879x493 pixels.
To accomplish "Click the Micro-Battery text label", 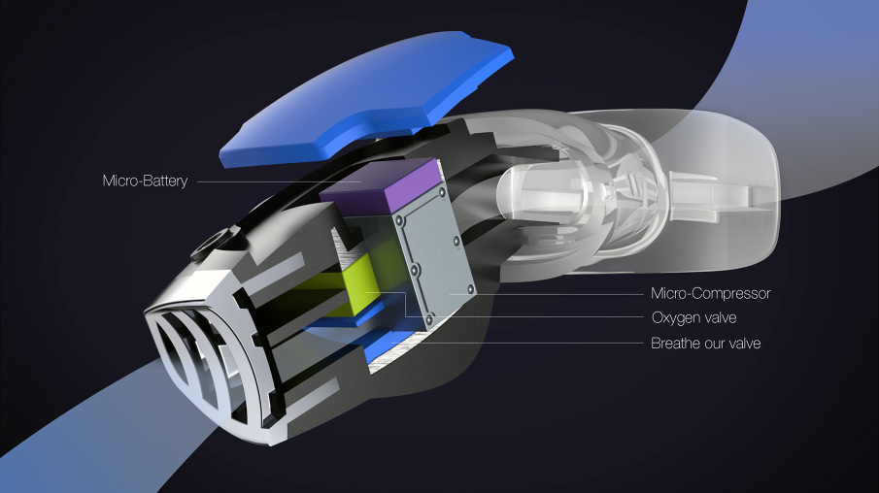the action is pyautogui.click(x=145, y=181).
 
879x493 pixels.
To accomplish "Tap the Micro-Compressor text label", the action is pyautogui.click(x=710, y=293).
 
